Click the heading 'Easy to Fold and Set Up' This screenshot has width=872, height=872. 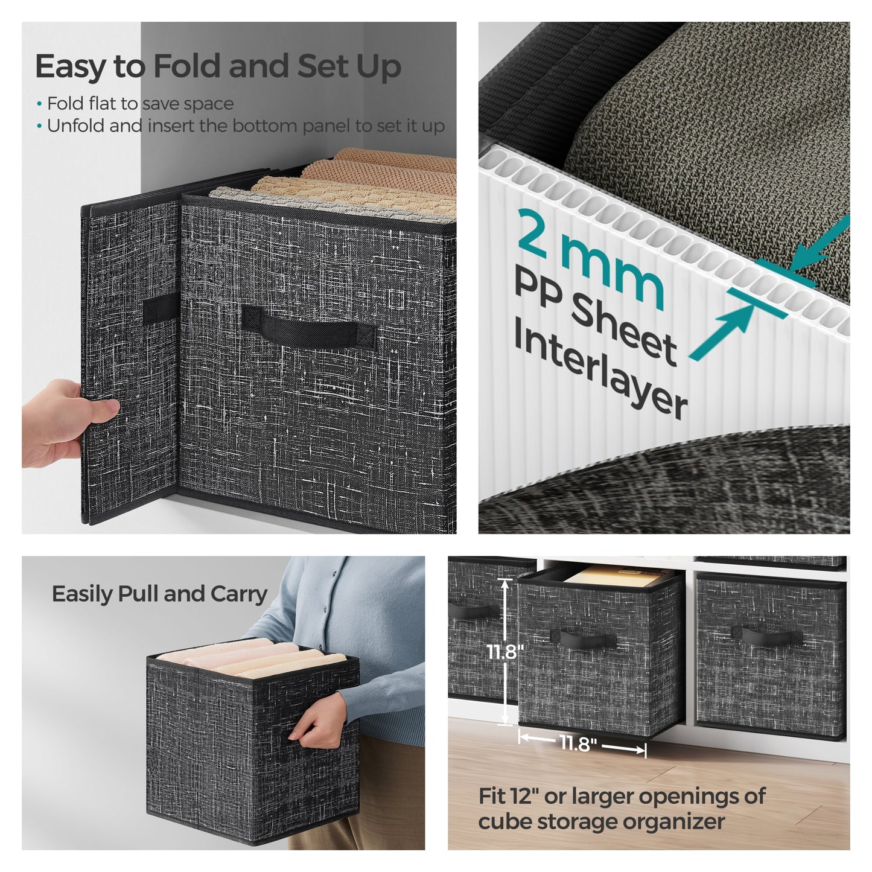click(218, 66)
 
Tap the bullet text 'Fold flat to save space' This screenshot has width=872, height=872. click(140, 104)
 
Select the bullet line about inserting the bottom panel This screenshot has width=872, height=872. click(246, 126)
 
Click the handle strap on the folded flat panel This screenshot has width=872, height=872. click(161, 310)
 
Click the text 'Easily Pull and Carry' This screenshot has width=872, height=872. click(159, 594)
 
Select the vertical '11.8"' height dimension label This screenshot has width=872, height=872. click(504, 652)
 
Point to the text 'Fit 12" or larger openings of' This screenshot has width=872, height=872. click(622, 796)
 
